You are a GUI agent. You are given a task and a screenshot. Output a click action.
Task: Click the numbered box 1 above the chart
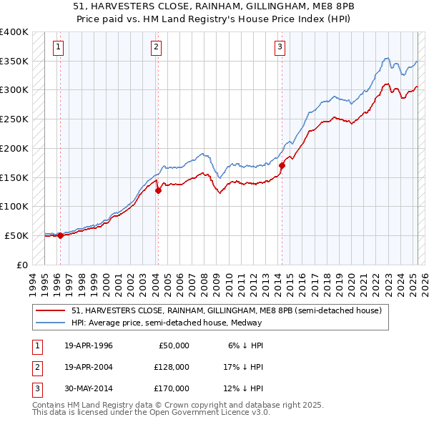click(58, 47)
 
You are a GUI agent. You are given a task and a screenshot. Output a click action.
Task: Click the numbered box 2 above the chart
click(156, 47)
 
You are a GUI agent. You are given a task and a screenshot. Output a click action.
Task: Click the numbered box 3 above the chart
click(280, 47)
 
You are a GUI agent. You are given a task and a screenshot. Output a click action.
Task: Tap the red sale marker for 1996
click(60, 235)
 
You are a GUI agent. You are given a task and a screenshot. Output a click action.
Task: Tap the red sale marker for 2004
click(159, 190)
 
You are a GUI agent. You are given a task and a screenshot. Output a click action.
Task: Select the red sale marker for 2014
click(282, 165)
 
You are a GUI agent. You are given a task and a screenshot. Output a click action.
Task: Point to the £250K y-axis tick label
click(14, 119)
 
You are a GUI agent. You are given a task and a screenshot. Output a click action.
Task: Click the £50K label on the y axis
click(16, 235)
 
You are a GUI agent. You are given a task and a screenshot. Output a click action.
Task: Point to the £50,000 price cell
click(172, 345)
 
